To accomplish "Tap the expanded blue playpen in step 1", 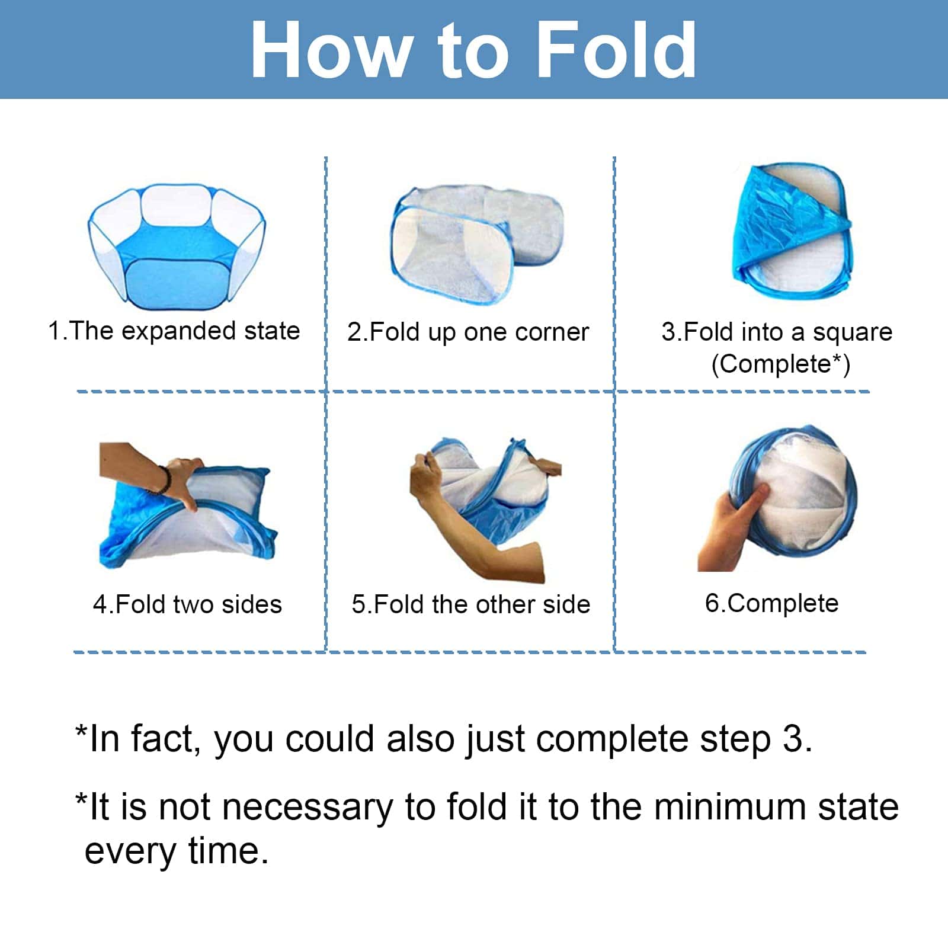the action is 177,246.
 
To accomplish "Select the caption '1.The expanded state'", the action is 174,331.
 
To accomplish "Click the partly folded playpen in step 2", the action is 476,244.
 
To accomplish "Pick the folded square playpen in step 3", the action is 792,231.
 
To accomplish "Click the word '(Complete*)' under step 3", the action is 781,364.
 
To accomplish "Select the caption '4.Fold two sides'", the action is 187,605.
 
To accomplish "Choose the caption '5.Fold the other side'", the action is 471,605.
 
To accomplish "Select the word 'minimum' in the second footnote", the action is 729,807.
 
